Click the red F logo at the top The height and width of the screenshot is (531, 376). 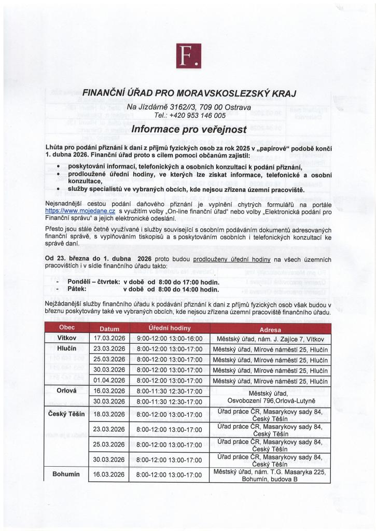click(x=188, y=56)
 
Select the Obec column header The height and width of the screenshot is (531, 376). click(x=67, y=328)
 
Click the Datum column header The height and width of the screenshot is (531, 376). click(x=109, y=328)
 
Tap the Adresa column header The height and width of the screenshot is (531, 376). click(x=270, y=329)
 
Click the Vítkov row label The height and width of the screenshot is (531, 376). click(x=67, y=338)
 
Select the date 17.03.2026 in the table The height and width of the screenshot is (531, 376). click(x=109, y=338)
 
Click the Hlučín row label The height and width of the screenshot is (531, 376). click(x=67, y=348)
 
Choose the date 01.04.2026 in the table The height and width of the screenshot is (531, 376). click(x=109, y=381)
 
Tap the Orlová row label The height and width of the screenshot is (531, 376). click(x=67, y=390)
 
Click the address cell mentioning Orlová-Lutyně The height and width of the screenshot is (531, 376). click(x=270, y=396)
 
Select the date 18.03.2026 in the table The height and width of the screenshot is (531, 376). click(x=109, y=414)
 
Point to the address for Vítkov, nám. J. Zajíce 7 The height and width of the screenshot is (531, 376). click(x=270, y=338)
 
